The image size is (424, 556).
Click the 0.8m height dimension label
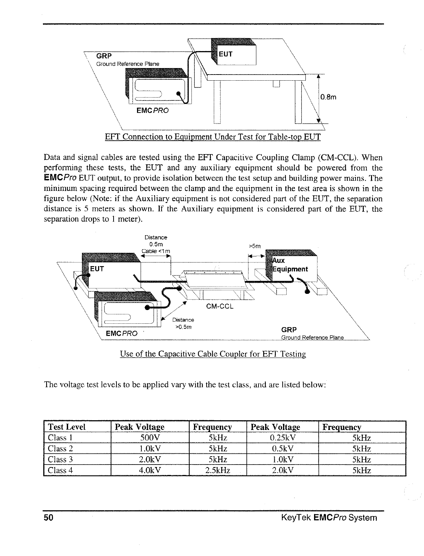click(328, 97)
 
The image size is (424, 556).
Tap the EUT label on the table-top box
click(226, 54)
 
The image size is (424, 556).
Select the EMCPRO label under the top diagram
click(153, 110)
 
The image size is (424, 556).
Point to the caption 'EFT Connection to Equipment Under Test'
click(212, 137)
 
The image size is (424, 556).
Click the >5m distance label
click(255, 246)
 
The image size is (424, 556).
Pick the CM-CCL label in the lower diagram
click(220, 306)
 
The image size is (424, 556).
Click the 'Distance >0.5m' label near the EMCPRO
click(183, 323)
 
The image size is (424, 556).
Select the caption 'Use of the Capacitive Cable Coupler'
click(213, 354)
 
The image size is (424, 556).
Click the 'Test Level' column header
click(67, 427)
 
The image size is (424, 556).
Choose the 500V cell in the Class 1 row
click(149, 438)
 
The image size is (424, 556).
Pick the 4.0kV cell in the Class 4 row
click(149, 470)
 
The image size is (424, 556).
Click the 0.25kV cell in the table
click(283, 438)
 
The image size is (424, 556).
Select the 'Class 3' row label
click(61, 459)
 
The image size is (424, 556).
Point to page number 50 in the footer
click(49, 518)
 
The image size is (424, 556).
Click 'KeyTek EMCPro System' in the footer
click(329, 518)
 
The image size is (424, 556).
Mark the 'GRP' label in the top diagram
click(104, 56)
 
